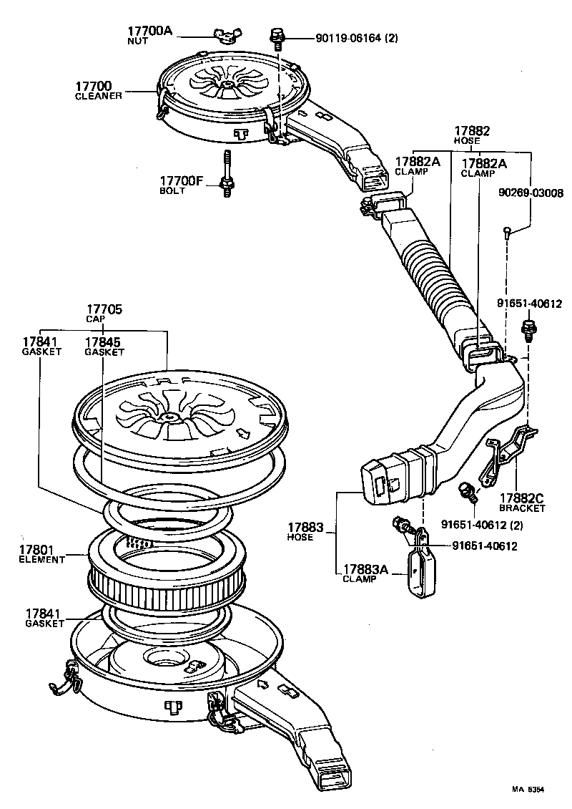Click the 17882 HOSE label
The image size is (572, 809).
(x=472, y=136)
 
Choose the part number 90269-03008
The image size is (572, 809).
(x=530, y=193)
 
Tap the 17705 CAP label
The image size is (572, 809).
(x=104, y=313)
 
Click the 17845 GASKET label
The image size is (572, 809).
(x=104, y=347)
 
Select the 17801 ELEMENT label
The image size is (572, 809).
(x=41, y=554)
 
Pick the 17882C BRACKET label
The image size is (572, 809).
(x=522, y=503)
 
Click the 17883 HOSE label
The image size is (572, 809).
(x=300, y=532)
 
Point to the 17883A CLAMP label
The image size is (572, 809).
(x=364, y=573)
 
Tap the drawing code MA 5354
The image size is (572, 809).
(x=527, y=789)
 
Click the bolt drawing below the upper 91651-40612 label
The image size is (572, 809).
(x=528, y=330)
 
